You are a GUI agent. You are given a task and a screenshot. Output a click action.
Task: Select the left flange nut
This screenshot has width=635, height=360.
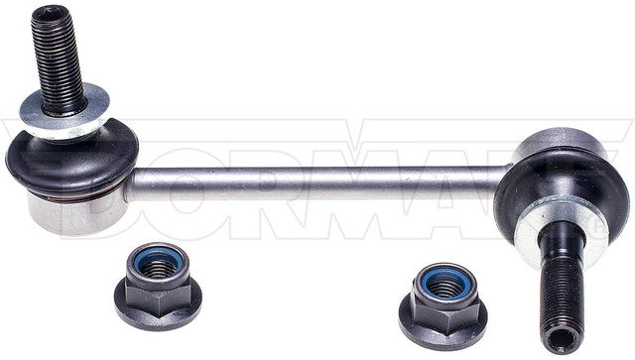point(153,288)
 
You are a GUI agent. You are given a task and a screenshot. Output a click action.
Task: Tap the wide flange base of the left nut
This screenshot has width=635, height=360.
point(153,308)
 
